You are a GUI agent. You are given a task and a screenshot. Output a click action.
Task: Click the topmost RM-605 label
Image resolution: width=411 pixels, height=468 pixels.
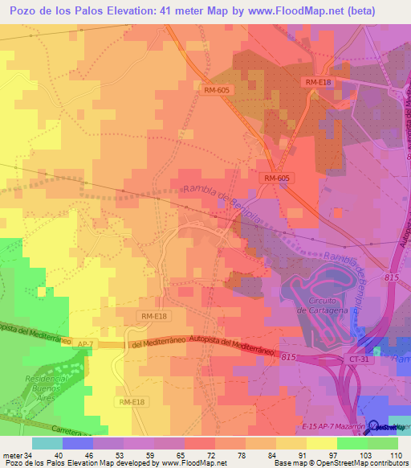coord(217,90)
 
